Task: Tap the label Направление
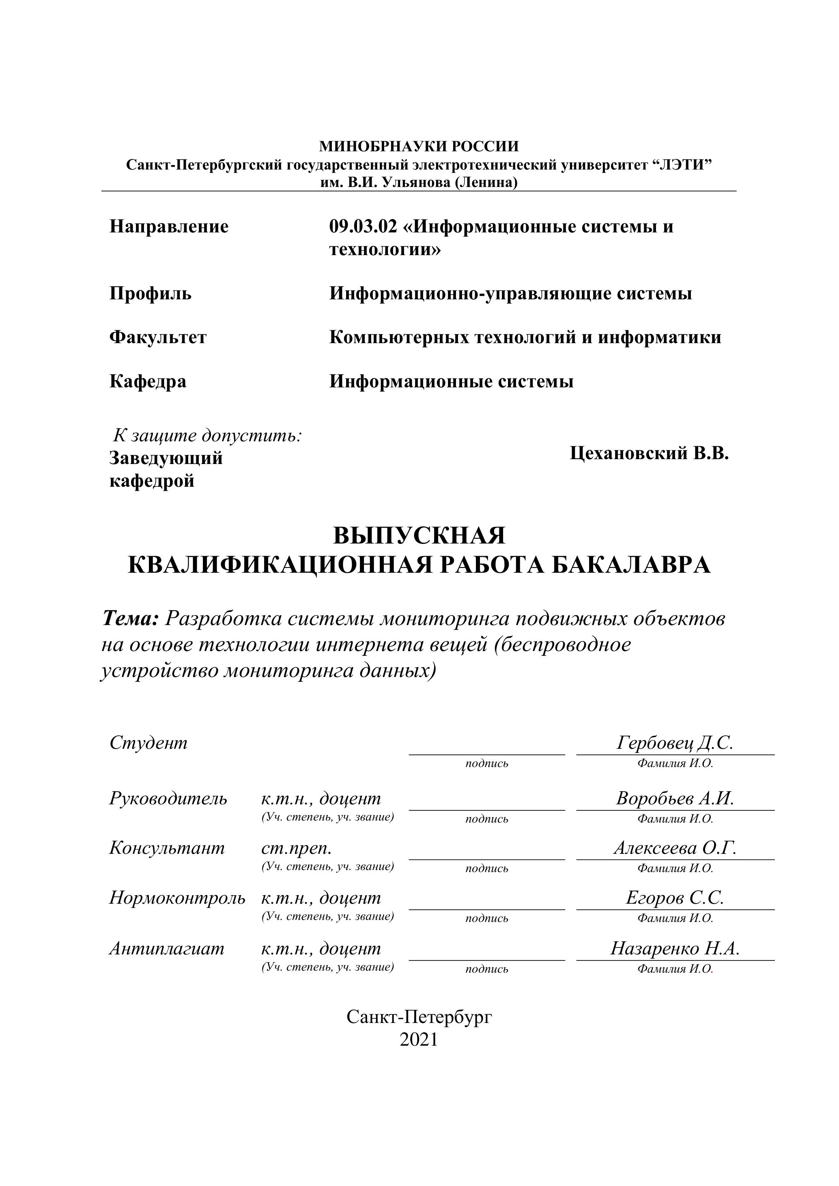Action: pyautogui.click(x=168, y=227)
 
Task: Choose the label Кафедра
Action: pyautogui.click(x=148, y=382)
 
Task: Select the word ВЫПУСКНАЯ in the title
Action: pyautogui.click(x=419, y=536)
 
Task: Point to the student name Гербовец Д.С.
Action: pyautogui.click(x=675, y=743)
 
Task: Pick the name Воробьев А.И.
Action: pyautogui.click(x=675, y=799)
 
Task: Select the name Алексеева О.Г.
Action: pyautogui.click(x=675, y=848)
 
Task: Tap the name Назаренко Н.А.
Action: pyautogui.click(x=675, y=948)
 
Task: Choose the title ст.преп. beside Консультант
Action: pyautogui.click(x=297, y=848)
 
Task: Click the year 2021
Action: pyautogui.click(x=419, y=1039)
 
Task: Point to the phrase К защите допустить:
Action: pyautogui.click(x=208, y=436)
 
